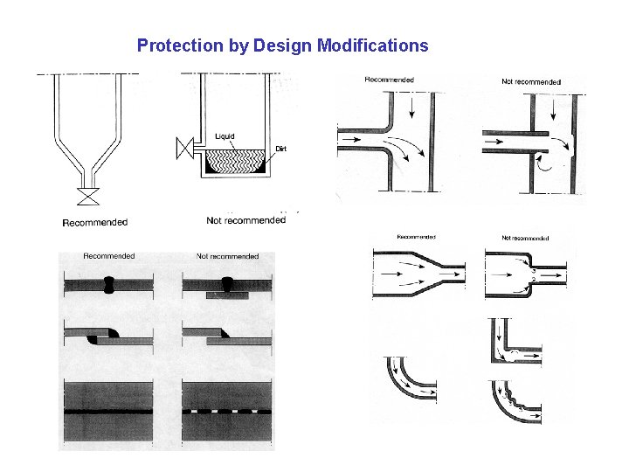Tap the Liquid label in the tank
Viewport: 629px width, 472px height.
pos(225,136)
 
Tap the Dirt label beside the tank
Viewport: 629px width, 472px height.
pos(281,149)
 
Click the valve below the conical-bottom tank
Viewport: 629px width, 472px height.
pos(87,195)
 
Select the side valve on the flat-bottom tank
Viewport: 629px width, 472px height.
pos(184,149)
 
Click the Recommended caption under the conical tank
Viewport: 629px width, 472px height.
pos(95,223)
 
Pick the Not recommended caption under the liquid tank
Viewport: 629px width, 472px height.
pos(245,220)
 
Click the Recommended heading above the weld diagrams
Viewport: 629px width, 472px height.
pos(109,256)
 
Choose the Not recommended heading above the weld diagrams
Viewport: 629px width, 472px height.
pos(227,256)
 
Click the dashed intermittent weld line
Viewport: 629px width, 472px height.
pos(226,410)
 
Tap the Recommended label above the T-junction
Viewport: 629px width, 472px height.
pos(390,80)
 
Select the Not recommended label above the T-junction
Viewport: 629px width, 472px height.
pos(530,82)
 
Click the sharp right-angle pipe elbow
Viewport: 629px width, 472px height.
pos(515,343)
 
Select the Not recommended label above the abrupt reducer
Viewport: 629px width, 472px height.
pos(525,238)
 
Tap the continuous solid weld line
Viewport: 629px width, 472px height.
pos(109,410)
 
